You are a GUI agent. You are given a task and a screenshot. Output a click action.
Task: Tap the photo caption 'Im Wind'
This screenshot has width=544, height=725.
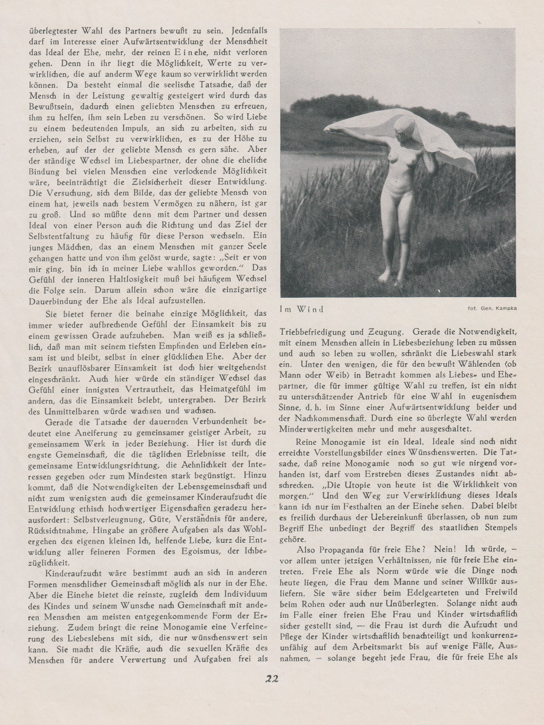(301, 309)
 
